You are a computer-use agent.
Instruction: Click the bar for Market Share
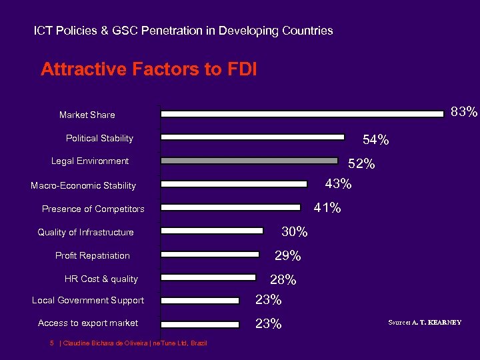click(x=303, y=114)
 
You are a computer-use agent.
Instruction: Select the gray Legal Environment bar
click(x=249, y=161)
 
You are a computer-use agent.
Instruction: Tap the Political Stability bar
click(x=253, y=137)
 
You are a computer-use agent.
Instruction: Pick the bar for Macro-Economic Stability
click(x=234, y=184)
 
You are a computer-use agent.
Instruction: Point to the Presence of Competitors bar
click(x=231, y=207)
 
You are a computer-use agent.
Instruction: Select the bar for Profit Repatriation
click(x=210, y=254)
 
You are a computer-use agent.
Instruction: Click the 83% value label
click(x=464, y=111)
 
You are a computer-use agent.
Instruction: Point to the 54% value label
click(x=375, y=140)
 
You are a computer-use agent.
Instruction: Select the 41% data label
click(x=327, y=208)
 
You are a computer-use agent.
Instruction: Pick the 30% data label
click(x=294, y=232)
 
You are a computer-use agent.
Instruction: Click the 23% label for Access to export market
click(x=268, y=324)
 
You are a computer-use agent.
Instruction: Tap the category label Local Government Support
click(x=88, y=301)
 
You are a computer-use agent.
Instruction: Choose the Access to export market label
click(x=88, y=323)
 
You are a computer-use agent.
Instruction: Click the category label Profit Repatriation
click(x=93, y=256)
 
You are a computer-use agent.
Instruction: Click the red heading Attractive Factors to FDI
click(x=149, y=69)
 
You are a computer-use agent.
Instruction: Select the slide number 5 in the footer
click(x=51, y=343)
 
